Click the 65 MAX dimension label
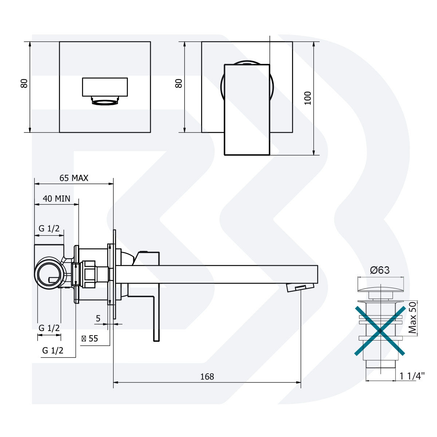(74, 178)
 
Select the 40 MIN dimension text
(56, 198)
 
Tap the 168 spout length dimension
(207, 377)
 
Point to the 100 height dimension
(308, 98)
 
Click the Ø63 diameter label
(379, 270)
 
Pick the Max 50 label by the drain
(412, 318)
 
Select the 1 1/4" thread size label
(412, 376)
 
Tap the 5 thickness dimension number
(98, 319)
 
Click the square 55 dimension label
(90, 338)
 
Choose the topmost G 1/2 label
(49, 228)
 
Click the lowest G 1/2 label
(53, 350)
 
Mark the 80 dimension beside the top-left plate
(24, 83)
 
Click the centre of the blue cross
(380, 331)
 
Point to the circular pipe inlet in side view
(47, 274)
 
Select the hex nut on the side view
(89, 274)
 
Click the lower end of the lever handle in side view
(156, 337)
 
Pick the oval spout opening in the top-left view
(105, 102)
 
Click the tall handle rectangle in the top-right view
(247, 110)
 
